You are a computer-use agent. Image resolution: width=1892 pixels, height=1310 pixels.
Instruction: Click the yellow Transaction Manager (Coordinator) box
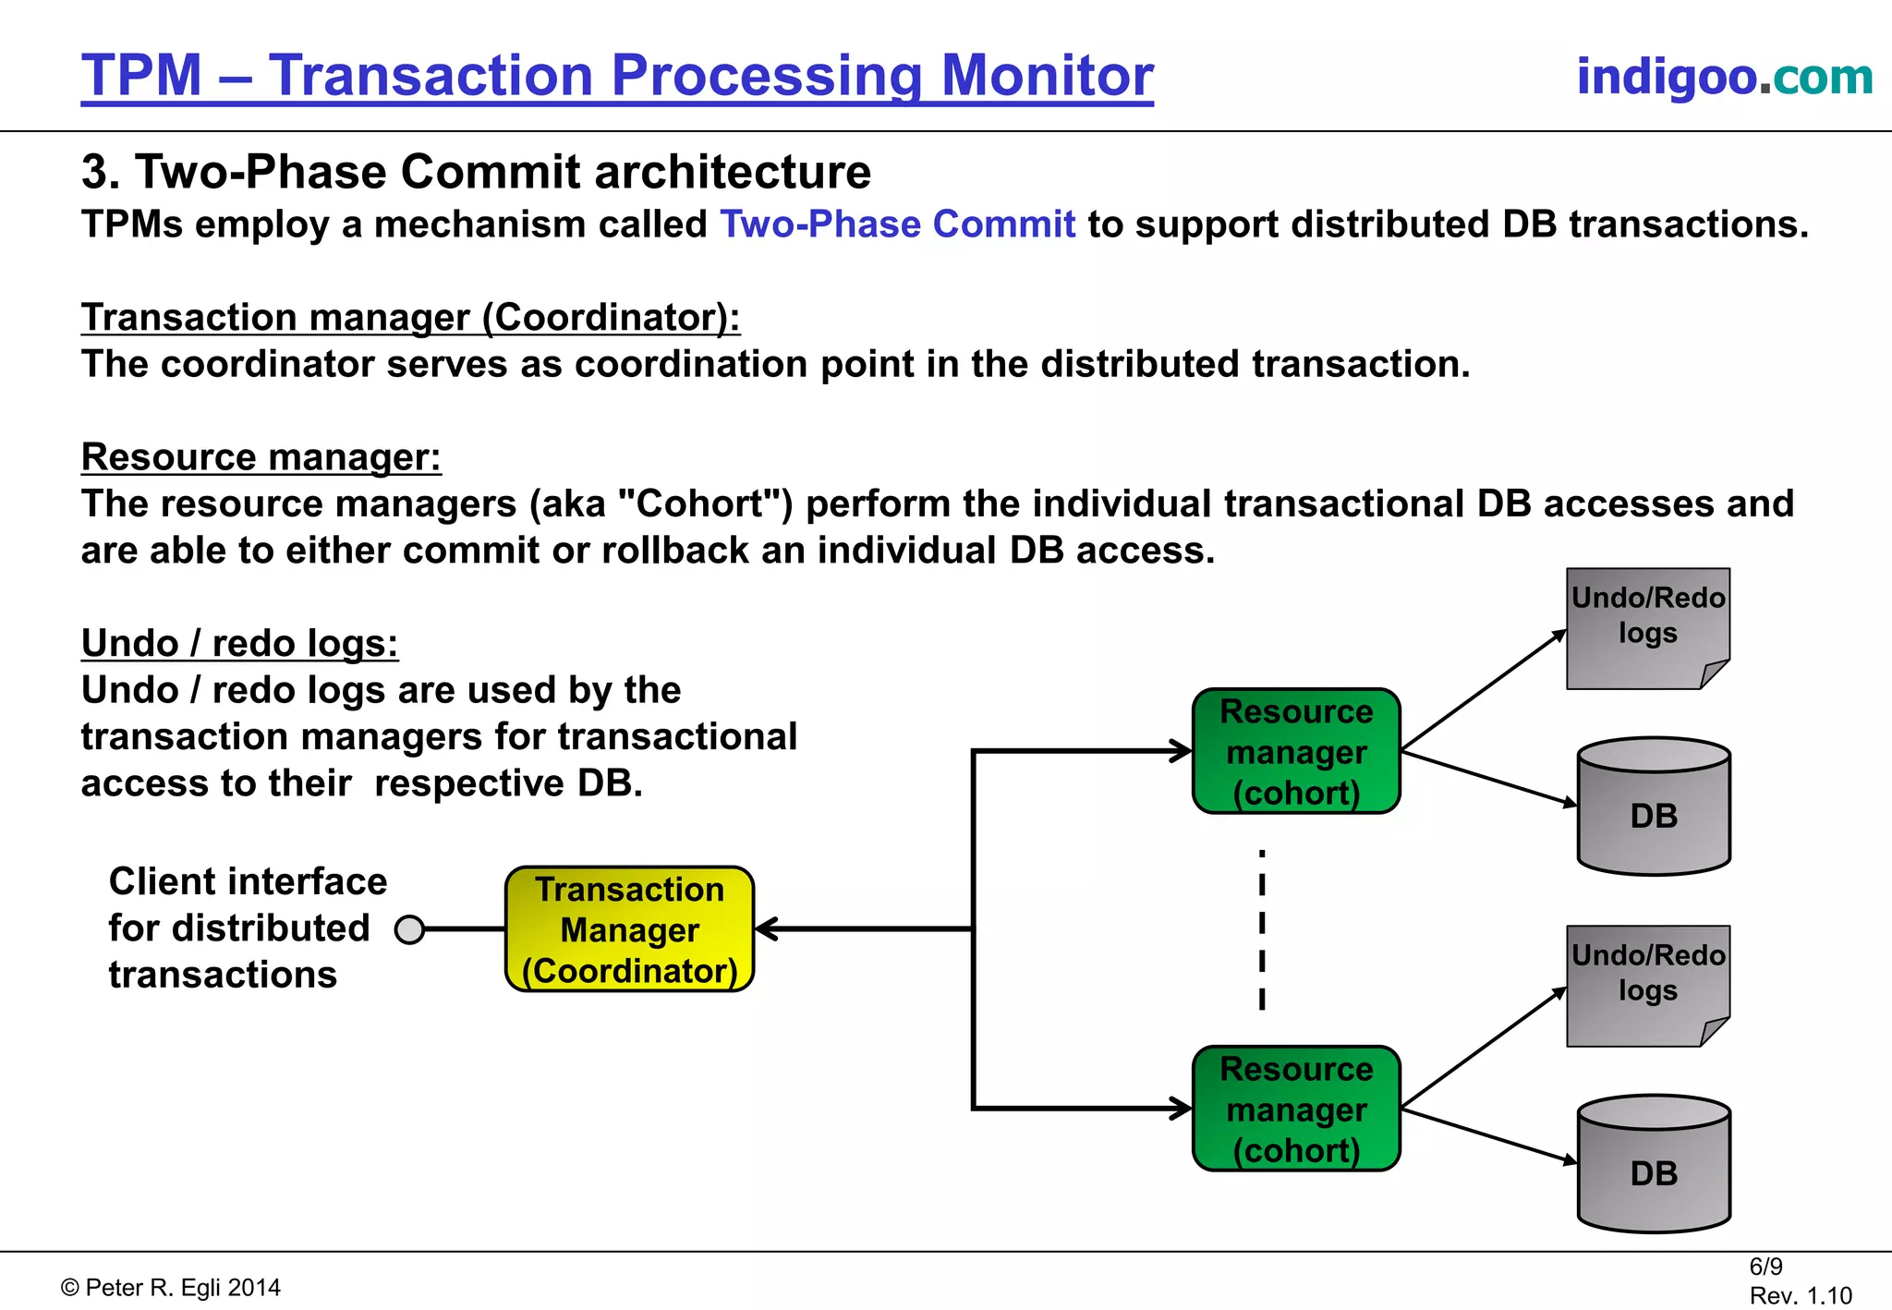[629, 929]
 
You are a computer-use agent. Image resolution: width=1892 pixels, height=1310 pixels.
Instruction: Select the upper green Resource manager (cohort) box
[1296, 751]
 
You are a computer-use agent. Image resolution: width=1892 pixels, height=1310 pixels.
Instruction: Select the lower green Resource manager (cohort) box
[1296, 1109]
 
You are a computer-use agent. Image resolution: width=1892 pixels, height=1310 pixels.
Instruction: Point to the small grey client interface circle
[409, 929]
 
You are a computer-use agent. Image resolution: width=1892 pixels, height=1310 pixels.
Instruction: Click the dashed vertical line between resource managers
[1262, 928]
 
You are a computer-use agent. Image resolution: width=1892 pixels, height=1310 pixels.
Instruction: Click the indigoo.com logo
[1724, 77]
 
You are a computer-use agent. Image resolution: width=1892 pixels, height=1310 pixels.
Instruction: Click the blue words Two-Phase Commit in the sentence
[897, 224]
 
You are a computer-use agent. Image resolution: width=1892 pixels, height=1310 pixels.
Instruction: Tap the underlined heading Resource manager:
[261, 457]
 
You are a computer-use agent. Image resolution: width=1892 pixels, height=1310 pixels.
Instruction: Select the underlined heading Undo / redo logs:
[240, 643]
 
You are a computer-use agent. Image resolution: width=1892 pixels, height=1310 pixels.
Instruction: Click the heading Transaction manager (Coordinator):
[410, 318]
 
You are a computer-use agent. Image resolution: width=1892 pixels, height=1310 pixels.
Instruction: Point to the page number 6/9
[1765, 1267]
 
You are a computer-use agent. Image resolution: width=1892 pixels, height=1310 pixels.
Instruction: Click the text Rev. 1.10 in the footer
[1800, 1295]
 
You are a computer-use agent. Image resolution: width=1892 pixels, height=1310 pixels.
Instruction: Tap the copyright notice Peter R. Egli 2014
[172, 1288]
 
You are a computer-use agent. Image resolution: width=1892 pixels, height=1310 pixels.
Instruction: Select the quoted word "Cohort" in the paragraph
[705, 504]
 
